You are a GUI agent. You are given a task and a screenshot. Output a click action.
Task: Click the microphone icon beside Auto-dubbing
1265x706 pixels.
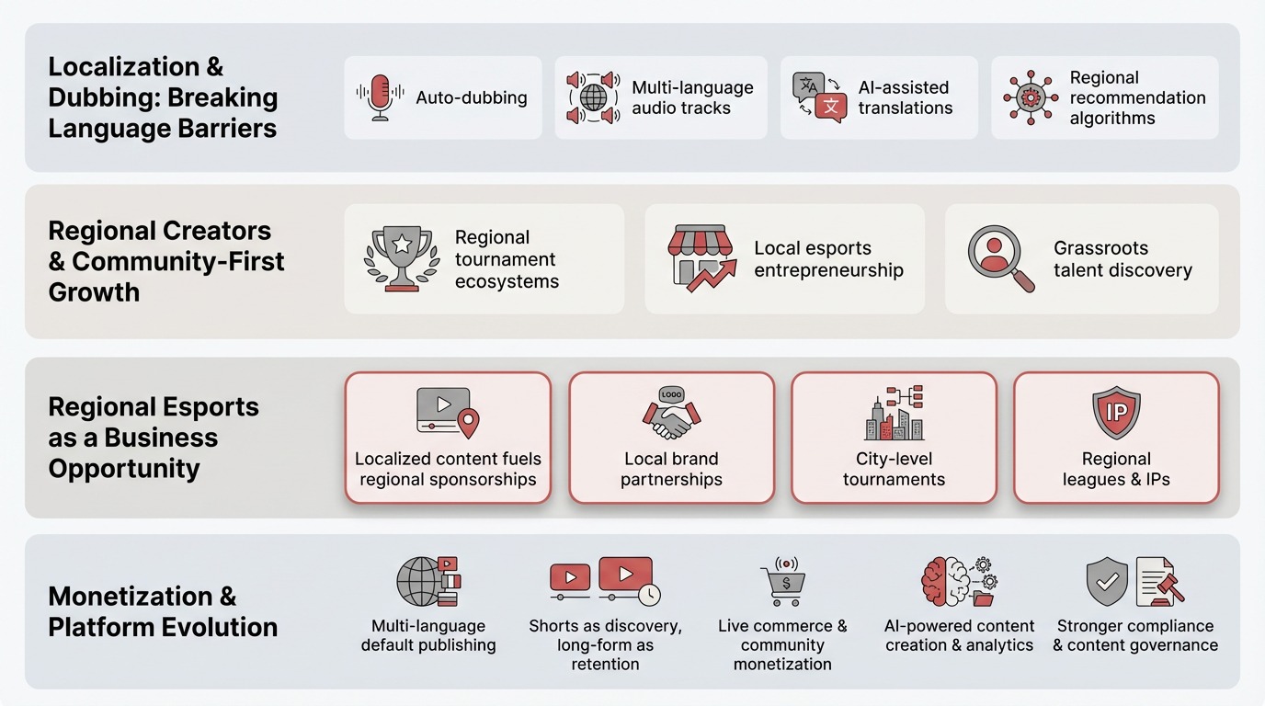coord(379,97)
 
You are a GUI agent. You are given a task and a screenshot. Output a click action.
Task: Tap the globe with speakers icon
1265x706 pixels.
coord(593,97)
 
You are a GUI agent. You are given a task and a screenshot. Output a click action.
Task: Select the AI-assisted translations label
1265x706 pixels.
coord(905,97)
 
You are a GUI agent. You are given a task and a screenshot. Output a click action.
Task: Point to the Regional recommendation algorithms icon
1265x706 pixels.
coord(1031,97)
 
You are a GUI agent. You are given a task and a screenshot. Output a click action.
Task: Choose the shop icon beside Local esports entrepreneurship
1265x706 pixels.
coord(701,257)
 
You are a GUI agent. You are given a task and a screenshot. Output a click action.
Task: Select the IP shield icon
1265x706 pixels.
coord(1116,414)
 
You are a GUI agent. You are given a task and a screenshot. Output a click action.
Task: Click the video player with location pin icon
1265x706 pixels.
coord(448,413)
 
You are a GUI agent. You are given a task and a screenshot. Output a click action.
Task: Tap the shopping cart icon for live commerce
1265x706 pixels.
coord(782,582)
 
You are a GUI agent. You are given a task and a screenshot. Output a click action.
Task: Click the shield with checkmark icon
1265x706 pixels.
coord(1107,582)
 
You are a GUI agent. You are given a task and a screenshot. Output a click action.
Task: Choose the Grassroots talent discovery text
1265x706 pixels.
coord(1123,259)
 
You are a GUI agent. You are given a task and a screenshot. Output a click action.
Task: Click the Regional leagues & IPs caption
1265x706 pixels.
coord(1116,469)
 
